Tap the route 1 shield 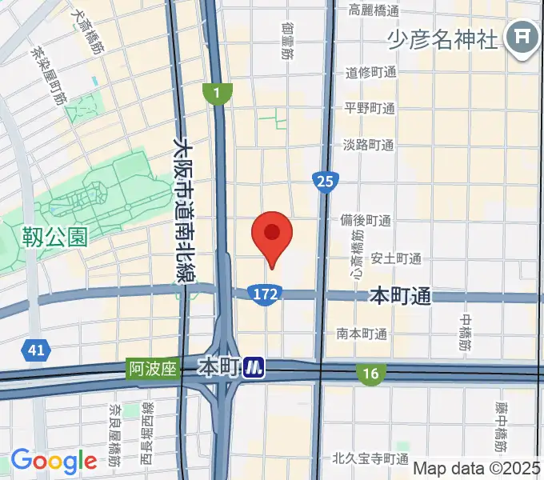pyautogui.click(x=217, y=94)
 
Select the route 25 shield pyautogui.click(x=324, y=182)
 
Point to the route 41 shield pyautogui.click(x=35, y=350)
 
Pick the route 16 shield pyautogui.click(x=370, y=373)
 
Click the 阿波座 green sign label pyautogui.click(x=151, y=369)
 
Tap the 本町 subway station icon pyautogui.click(x=254, y=368)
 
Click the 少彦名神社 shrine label pyautogui.click(x=443, y=38)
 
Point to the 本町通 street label pyautogui.click(x=400, y=296)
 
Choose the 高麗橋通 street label pyautogui.click(x=373, y=10)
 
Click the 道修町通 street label pyautogui.click(x=370, y=73)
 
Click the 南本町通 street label pyautogui.click(x=362, y=334)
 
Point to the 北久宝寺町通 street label pyautogui.click(x=370, y=459)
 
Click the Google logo pyautogui.click(x=54, y=461)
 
